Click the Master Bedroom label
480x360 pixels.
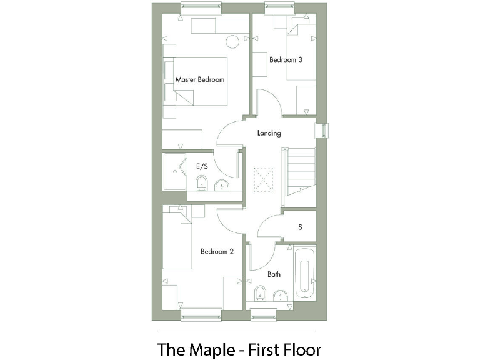click(199, 80)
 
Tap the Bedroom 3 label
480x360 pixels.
click(286, 60)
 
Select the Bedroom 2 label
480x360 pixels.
click(217, 252)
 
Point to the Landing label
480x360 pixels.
click(269, 133)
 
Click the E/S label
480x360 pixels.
click(202, 167)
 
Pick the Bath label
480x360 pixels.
click(274, 274)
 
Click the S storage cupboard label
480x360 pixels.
click(300, 227)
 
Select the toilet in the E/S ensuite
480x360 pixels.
click(201, 184)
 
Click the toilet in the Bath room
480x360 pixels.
click(260, 294)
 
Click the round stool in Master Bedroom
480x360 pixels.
click(232, 42)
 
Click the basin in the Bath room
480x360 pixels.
click(281, 294)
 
